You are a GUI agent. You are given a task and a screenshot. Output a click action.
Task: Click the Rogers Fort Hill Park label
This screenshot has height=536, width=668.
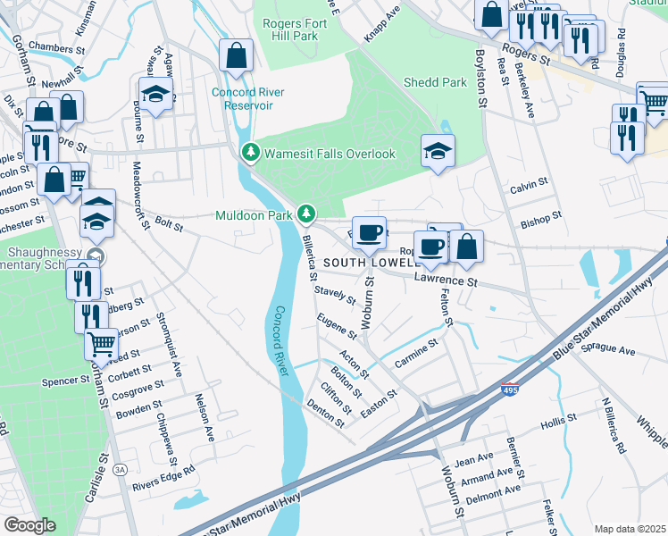(292, 30)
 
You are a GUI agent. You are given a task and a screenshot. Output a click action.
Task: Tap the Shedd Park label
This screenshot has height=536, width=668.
(435, 82)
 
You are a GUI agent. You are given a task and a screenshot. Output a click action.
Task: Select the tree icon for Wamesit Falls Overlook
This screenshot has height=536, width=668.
(251, 154)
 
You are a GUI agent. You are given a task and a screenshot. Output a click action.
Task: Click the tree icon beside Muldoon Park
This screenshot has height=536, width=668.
(306, 214)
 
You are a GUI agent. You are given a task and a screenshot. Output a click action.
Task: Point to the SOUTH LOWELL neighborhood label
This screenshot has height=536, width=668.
(371, 264)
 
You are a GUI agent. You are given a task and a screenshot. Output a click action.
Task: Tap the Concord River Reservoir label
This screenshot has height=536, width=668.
(242, 98)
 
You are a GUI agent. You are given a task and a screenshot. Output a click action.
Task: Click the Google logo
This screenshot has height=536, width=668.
(29, 524)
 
